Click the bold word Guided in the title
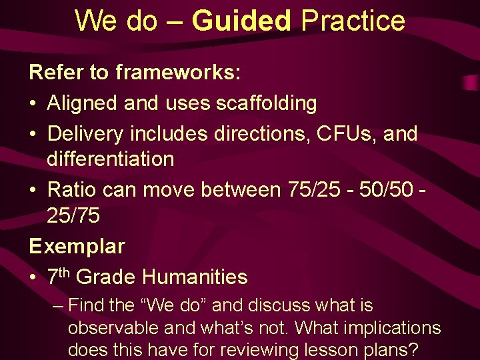pos(241,21)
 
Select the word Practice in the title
pos(353,21)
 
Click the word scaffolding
pos(266,103)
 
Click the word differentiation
pos(111,159)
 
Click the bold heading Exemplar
pos(77,246)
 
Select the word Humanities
pos(195,276)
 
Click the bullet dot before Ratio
pos(34,190)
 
